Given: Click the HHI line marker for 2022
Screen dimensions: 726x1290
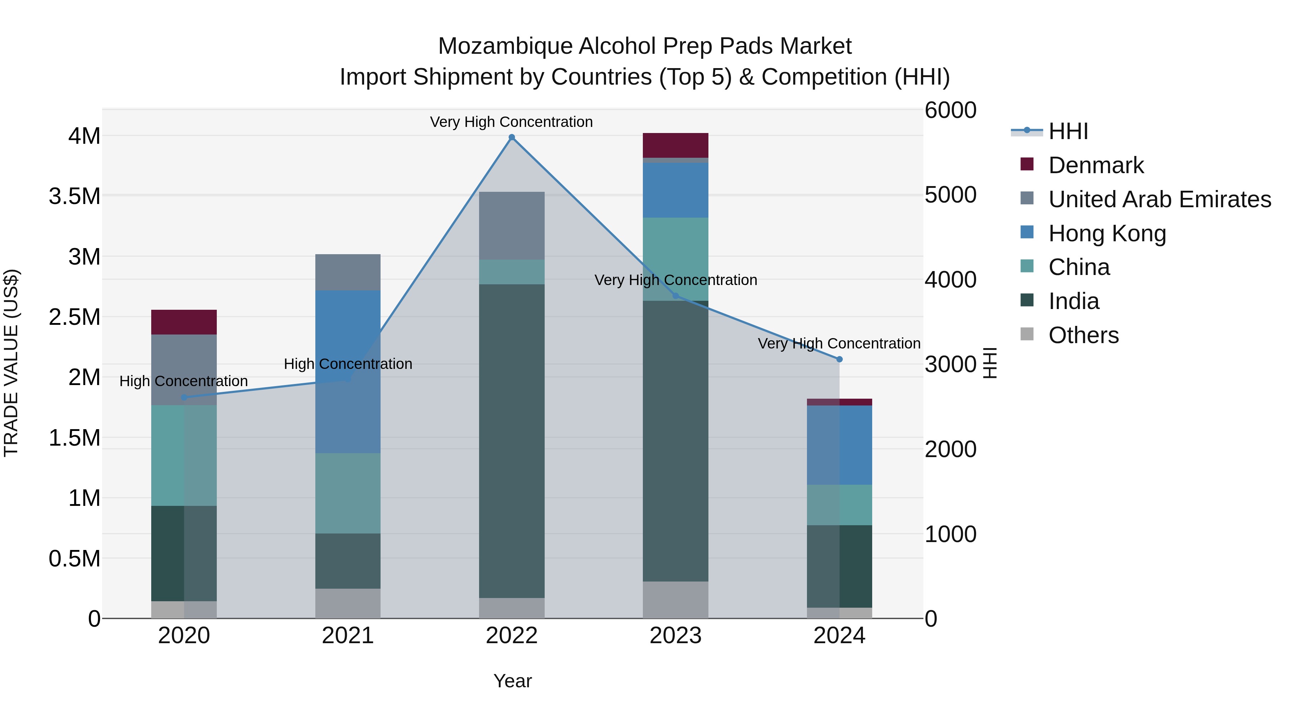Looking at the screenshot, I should (x=511, y=137).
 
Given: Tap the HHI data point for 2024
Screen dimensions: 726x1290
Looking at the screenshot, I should (x=839, y=359).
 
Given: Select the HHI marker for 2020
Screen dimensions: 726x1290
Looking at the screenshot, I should (x=184, y=397).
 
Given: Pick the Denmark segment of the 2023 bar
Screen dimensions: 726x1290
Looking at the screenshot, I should (x=675, y=145).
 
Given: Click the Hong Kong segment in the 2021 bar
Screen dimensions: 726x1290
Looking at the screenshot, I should (x=348, y=371).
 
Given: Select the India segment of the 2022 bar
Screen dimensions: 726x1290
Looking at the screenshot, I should (x=511, y=441).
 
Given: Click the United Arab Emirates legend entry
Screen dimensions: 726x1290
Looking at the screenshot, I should (x=1159, y=199).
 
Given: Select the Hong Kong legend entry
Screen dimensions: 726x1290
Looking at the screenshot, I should (x=1107, y=233).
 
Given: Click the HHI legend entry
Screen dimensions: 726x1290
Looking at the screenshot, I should (x=1068, y=131).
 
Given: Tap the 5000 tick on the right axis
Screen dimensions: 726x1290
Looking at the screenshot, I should (x=950, y=195).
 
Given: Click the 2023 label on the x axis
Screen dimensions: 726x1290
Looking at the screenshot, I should (x=675, y=636).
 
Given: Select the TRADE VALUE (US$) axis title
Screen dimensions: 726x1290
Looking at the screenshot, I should (x=11, y=363).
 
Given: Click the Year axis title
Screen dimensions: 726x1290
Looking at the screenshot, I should (x=512, y=681).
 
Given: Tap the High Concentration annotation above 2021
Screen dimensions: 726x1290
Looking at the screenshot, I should (x=348, y=364).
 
